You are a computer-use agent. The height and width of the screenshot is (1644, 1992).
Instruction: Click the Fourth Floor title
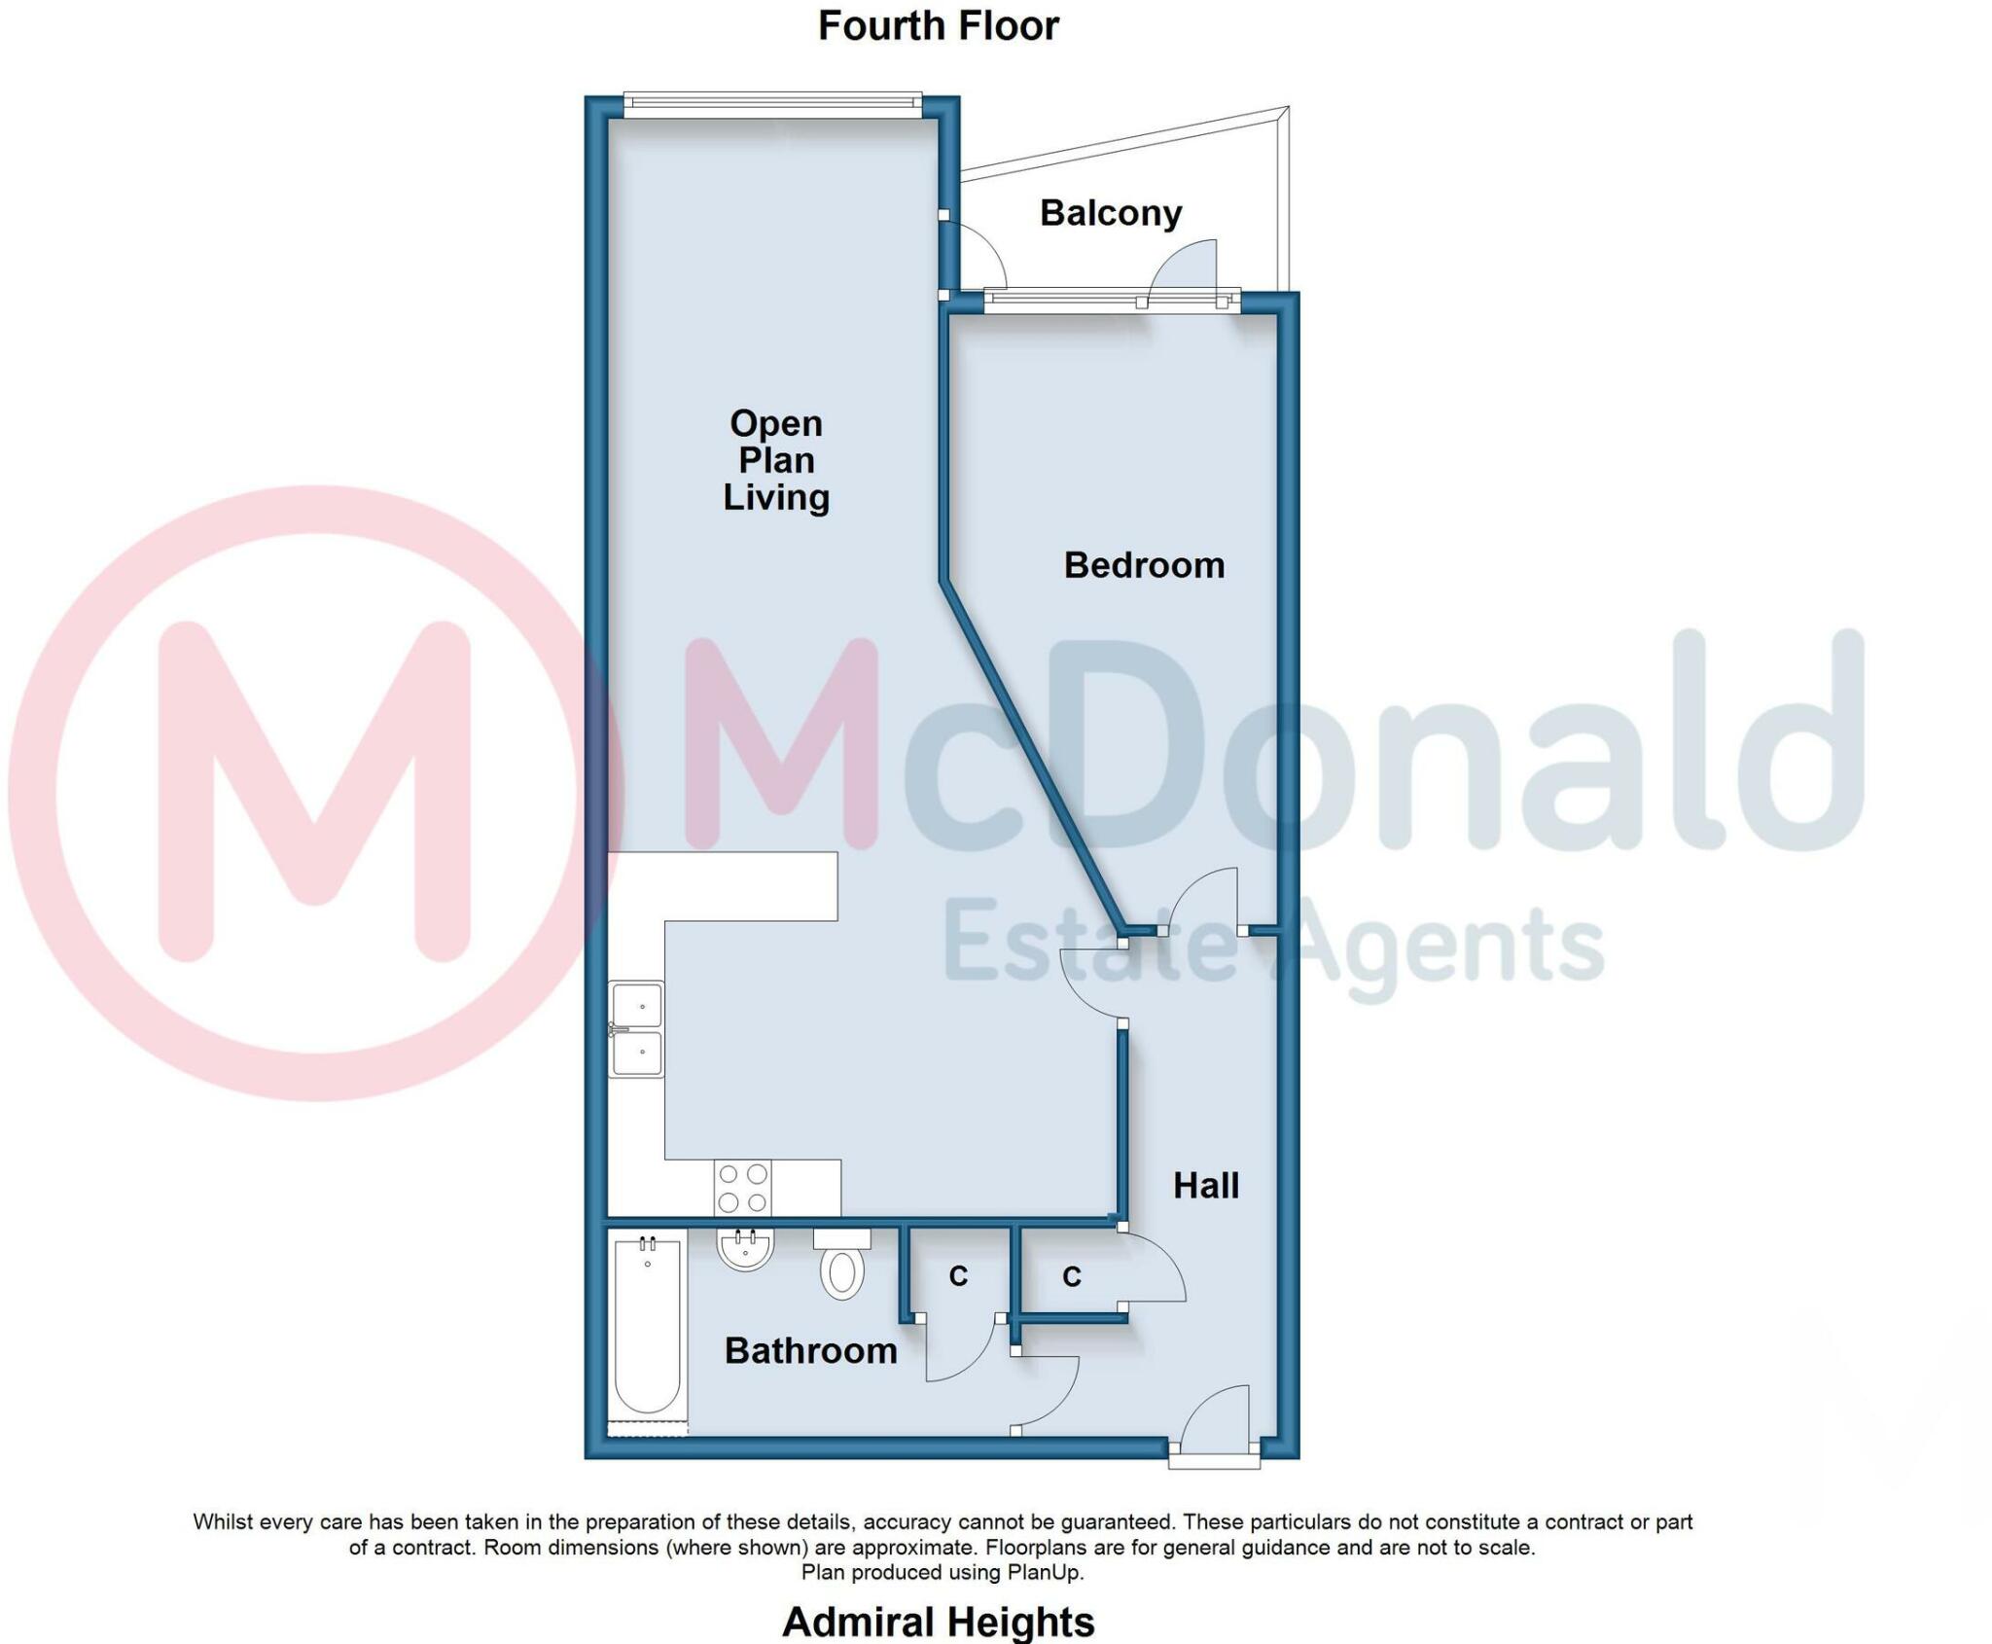tap(938, 26)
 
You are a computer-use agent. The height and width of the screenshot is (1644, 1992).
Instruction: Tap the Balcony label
tap(1110, 213)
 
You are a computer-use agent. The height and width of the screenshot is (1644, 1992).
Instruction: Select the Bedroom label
tap(1144, 565)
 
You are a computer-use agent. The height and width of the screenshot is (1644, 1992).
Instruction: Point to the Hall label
tap(1206, 1186)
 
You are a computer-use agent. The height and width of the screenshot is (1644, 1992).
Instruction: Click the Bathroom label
tap(810, 1350)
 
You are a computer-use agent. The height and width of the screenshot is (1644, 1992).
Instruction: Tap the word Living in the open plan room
tap(776, 497)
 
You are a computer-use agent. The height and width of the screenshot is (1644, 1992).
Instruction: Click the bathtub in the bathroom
tap(648, 1328)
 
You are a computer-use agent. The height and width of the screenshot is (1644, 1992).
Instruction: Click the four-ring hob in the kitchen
tap(743, 1188)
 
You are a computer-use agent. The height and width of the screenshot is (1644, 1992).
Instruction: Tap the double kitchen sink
tap(637, 1029)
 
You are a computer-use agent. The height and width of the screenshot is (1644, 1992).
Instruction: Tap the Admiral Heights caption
tap(938, 1622)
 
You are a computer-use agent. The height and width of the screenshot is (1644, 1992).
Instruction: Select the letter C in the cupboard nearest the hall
tap(1072, 1277)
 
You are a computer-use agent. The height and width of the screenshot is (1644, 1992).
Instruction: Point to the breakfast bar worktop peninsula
tap(749, 886)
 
